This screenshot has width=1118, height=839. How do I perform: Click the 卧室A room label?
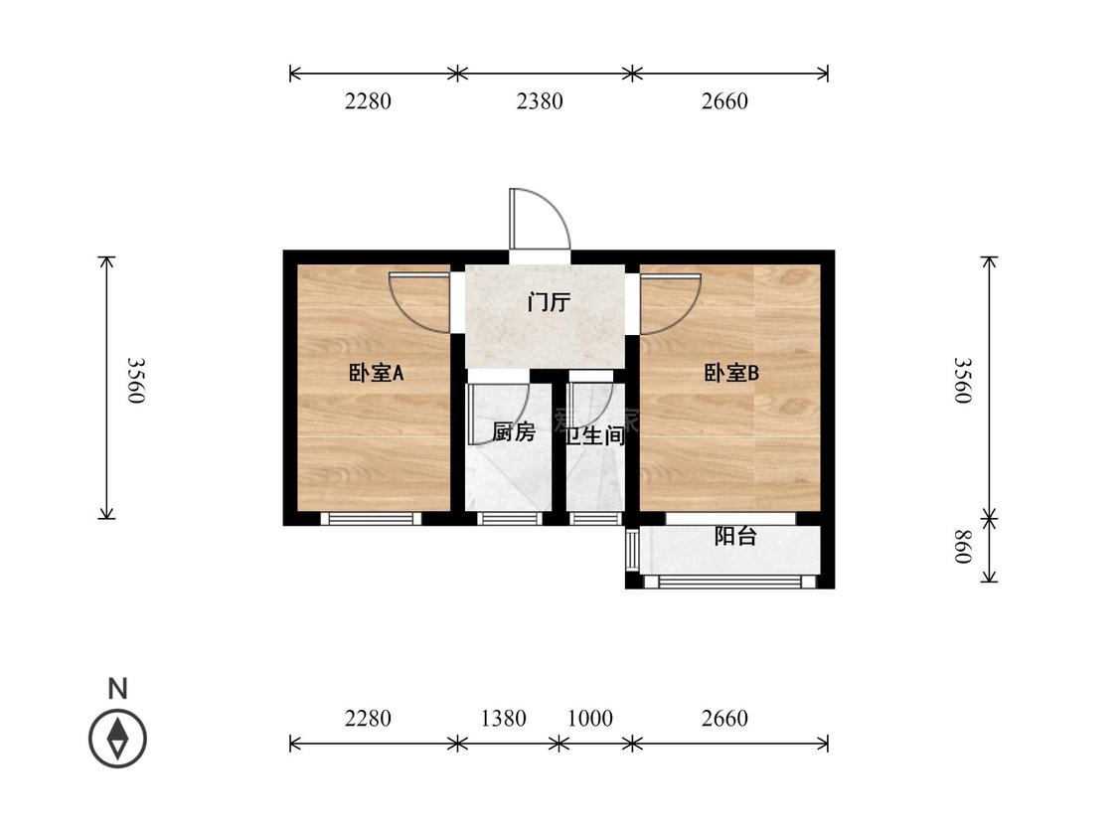pos(377,373)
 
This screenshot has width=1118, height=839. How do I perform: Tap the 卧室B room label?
pos(731,373)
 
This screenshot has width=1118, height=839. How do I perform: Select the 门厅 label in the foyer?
pos(549,302)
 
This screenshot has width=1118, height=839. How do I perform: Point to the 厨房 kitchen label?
pos(514,431)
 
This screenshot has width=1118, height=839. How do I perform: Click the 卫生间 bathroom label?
pos(594,436)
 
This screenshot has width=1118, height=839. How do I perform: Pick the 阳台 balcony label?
pos(735,536)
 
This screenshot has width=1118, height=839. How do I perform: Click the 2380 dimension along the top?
pos(540,101)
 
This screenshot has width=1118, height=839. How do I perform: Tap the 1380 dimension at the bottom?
pos(504,718)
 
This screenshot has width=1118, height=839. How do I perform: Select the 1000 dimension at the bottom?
pos(589,718)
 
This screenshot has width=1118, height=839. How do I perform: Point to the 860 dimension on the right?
pos(963,547)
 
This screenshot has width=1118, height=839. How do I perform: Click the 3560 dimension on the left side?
pos(136,381)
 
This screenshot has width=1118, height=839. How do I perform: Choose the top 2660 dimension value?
pos(724,101)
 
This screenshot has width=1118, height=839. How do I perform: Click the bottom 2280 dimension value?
pos(368,718)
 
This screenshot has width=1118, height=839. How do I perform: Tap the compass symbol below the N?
pos(117,740)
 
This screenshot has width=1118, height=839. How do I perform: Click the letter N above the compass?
pos(117,689)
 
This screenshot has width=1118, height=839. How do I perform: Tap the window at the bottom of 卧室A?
pos(371,519)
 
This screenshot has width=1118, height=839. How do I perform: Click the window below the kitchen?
pos(509,519)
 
